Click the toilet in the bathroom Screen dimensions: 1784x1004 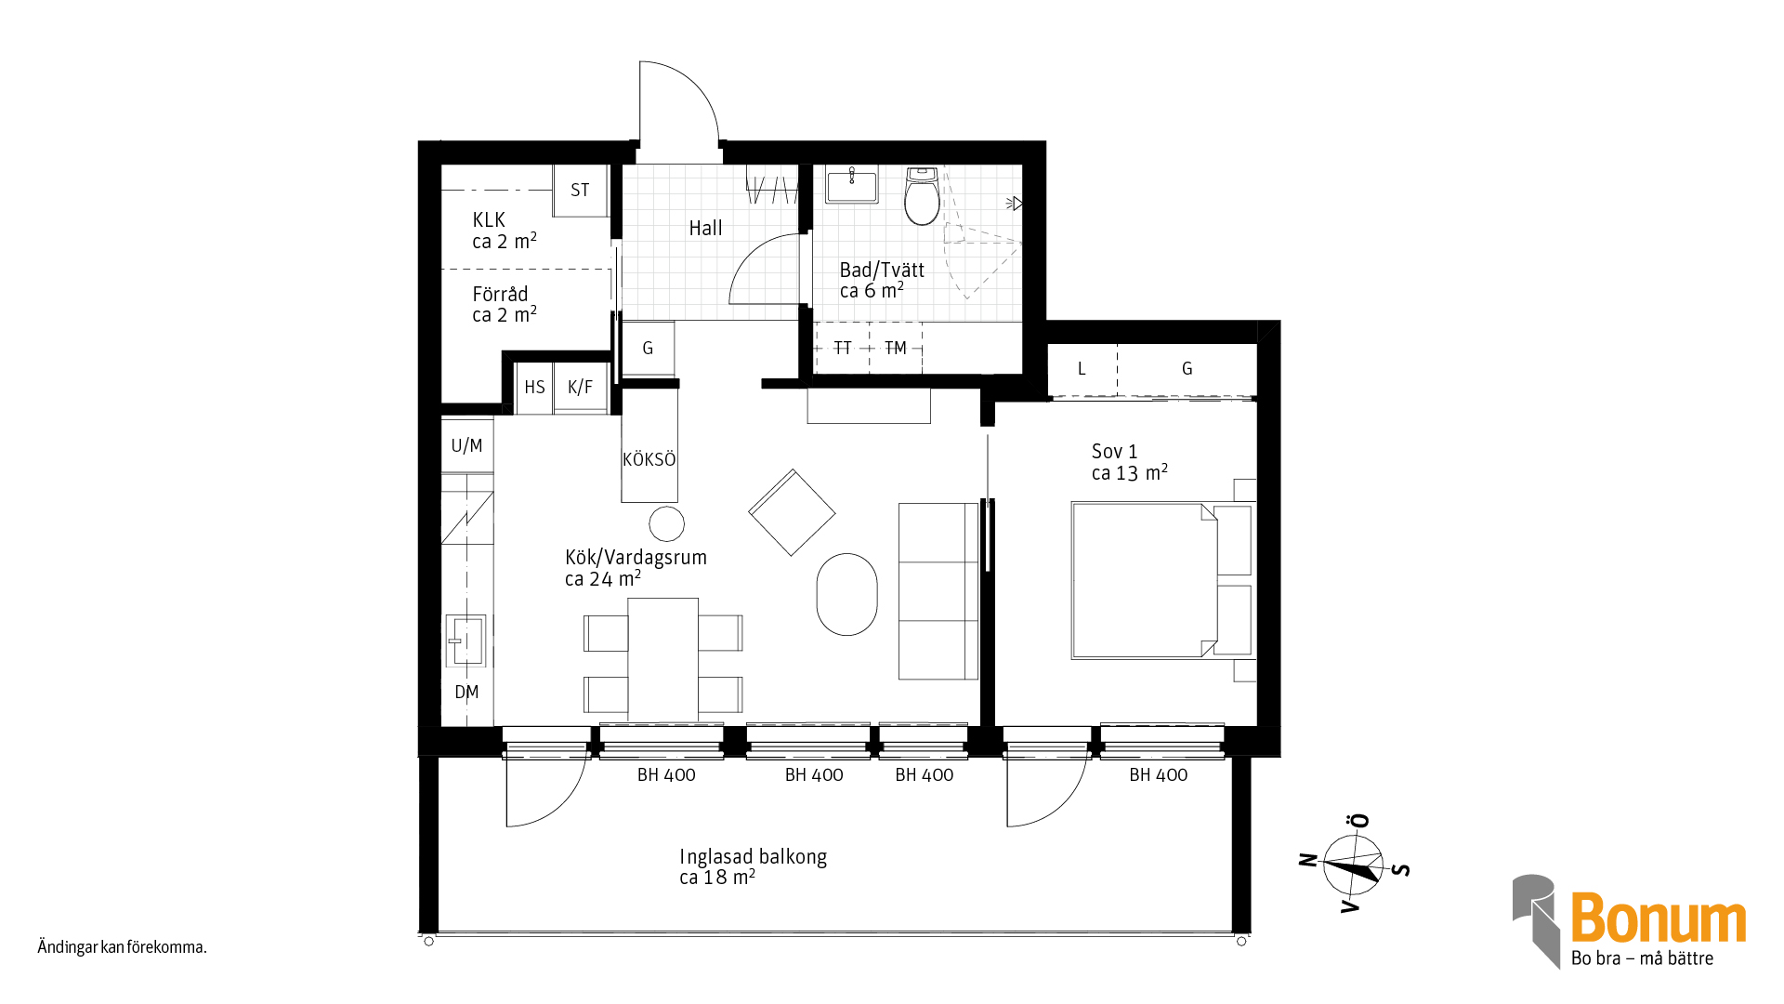pyautogui.click(x=922, y=196)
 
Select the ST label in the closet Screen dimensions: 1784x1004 pyautogui.click(x=580, y=191)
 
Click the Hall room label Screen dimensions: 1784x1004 pyautogui.click(x=705, y=228)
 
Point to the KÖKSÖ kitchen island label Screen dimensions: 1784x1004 pyautogui.click(x=649, y=459)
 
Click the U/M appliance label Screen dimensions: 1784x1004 pyautogui.click(x=466, y=445)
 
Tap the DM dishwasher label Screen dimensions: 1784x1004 pyautogui.click(x=466, y=693)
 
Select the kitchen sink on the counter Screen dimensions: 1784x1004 pyautogui.click(x=466, y=641)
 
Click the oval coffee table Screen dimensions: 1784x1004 pyautogui.click(x=846, y=595)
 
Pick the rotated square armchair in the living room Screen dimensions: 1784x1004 pyautogui.click(x=792, y=512)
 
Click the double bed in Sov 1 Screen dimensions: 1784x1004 pyautogui.click(x=1162, y=581)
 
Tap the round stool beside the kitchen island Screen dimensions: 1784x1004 pyautogui.click(x=666, y=524)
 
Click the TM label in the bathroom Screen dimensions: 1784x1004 pyautogui.click(x=896, y=349)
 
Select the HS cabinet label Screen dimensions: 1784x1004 pyautogui.click(x=534, y=388)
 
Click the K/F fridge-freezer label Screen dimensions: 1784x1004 pyautogui.click(x=580, y=388)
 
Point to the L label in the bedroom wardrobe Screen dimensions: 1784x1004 pyautogui.click(x=1082, y=369)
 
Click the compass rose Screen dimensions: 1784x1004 pyautogui.click(x=1354, y=865)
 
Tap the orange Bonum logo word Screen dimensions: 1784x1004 pyautogui.click(x=1659, y=918)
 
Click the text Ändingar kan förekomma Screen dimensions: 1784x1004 pyautogui.click(x=122, y=947)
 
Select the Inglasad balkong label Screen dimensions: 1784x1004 pyautogui.click(x=753, y=856)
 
